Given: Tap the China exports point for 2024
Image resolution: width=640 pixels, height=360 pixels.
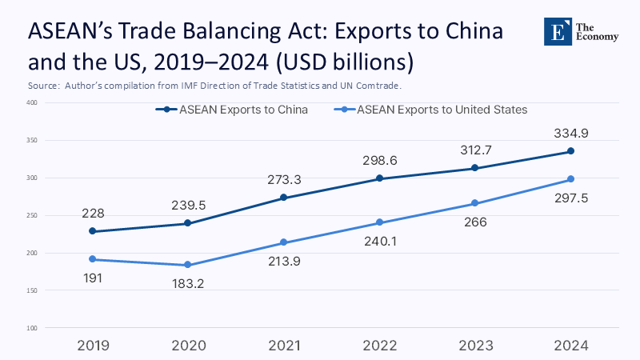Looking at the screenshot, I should [570, 151].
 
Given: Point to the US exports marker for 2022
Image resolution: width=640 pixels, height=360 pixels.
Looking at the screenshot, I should [380, 222].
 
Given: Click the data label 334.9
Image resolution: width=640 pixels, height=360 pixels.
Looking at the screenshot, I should [570, 134].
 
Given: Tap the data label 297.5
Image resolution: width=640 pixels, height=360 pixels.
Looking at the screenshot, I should [570, 198].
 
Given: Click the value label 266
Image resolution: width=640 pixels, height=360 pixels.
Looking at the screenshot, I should [475, 222].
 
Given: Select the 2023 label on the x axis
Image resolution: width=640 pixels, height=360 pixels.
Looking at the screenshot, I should [475, 346].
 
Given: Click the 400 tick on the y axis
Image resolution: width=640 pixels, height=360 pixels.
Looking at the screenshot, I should [32, 102].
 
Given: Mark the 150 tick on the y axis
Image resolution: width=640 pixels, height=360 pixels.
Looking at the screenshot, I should [32, 290].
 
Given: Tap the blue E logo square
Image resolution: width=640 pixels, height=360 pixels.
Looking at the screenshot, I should [558, 30].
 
